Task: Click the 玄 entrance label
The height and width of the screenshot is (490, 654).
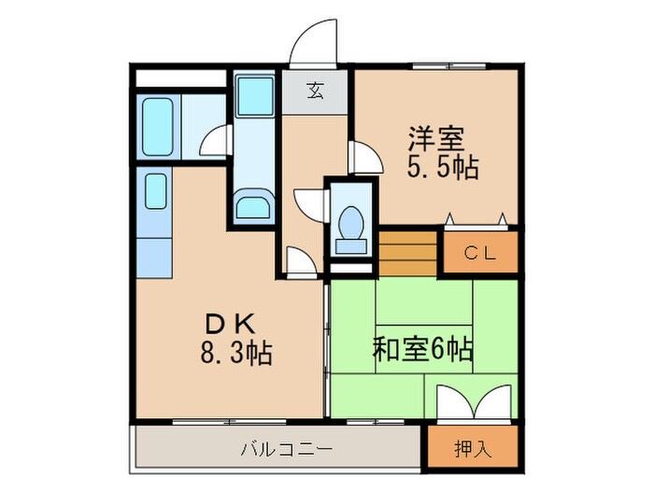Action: (317, 91)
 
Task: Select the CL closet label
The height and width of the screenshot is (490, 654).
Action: (480, 252)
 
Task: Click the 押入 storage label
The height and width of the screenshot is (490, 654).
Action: (473, 448)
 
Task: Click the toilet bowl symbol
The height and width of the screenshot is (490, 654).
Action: (352, 224)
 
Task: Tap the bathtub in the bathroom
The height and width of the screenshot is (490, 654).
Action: (156, 126)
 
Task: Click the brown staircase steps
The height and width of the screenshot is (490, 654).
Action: (408, 252)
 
